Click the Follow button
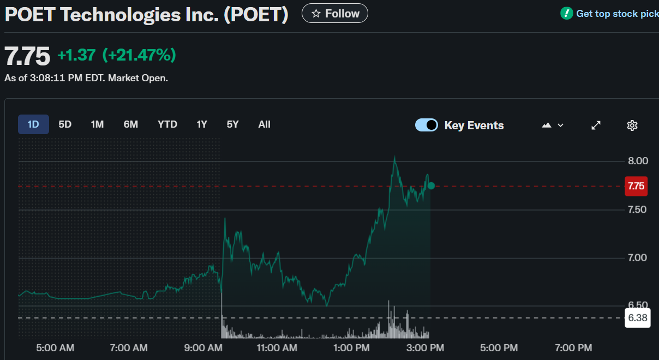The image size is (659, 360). [x=334, y=14]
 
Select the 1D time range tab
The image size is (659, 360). [x=33, y=124]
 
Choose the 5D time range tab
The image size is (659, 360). [x=65, y=124]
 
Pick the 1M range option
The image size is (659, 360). [x=97, y=124]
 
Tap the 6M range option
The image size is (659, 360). [x=131, y=124]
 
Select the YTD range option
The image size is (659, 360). [x=167, y=124]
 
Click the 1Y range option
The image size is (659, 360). [x=202, y=124]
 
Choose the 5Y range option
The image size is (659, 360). [x=233, y=124]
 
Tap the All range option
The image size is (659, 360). [x=265, y=124]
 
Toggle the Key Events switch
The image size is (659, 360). [x=427, y=125]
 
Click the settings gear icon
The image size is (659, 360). [x=632, y=125]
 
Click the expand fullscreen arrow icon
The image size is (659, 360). [x=596, y=125]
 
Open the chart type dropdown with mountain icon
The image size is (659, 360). [x=553, y=125]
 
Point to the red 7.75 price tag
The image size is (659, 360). [x=636, y=186]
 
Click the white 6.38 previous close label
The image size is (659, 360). [x=637, y=317]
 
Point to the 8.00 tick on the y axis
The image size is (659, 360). [x=637, y=161]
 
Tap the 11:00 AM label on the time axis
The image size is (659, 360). [x=278, y=347]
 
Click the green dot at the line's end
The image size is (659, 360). [x=431, y=186]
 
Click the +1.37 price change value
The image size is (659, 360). [x=76, y=55]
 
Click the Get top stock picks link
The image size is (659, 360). [x=616, y=14]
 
